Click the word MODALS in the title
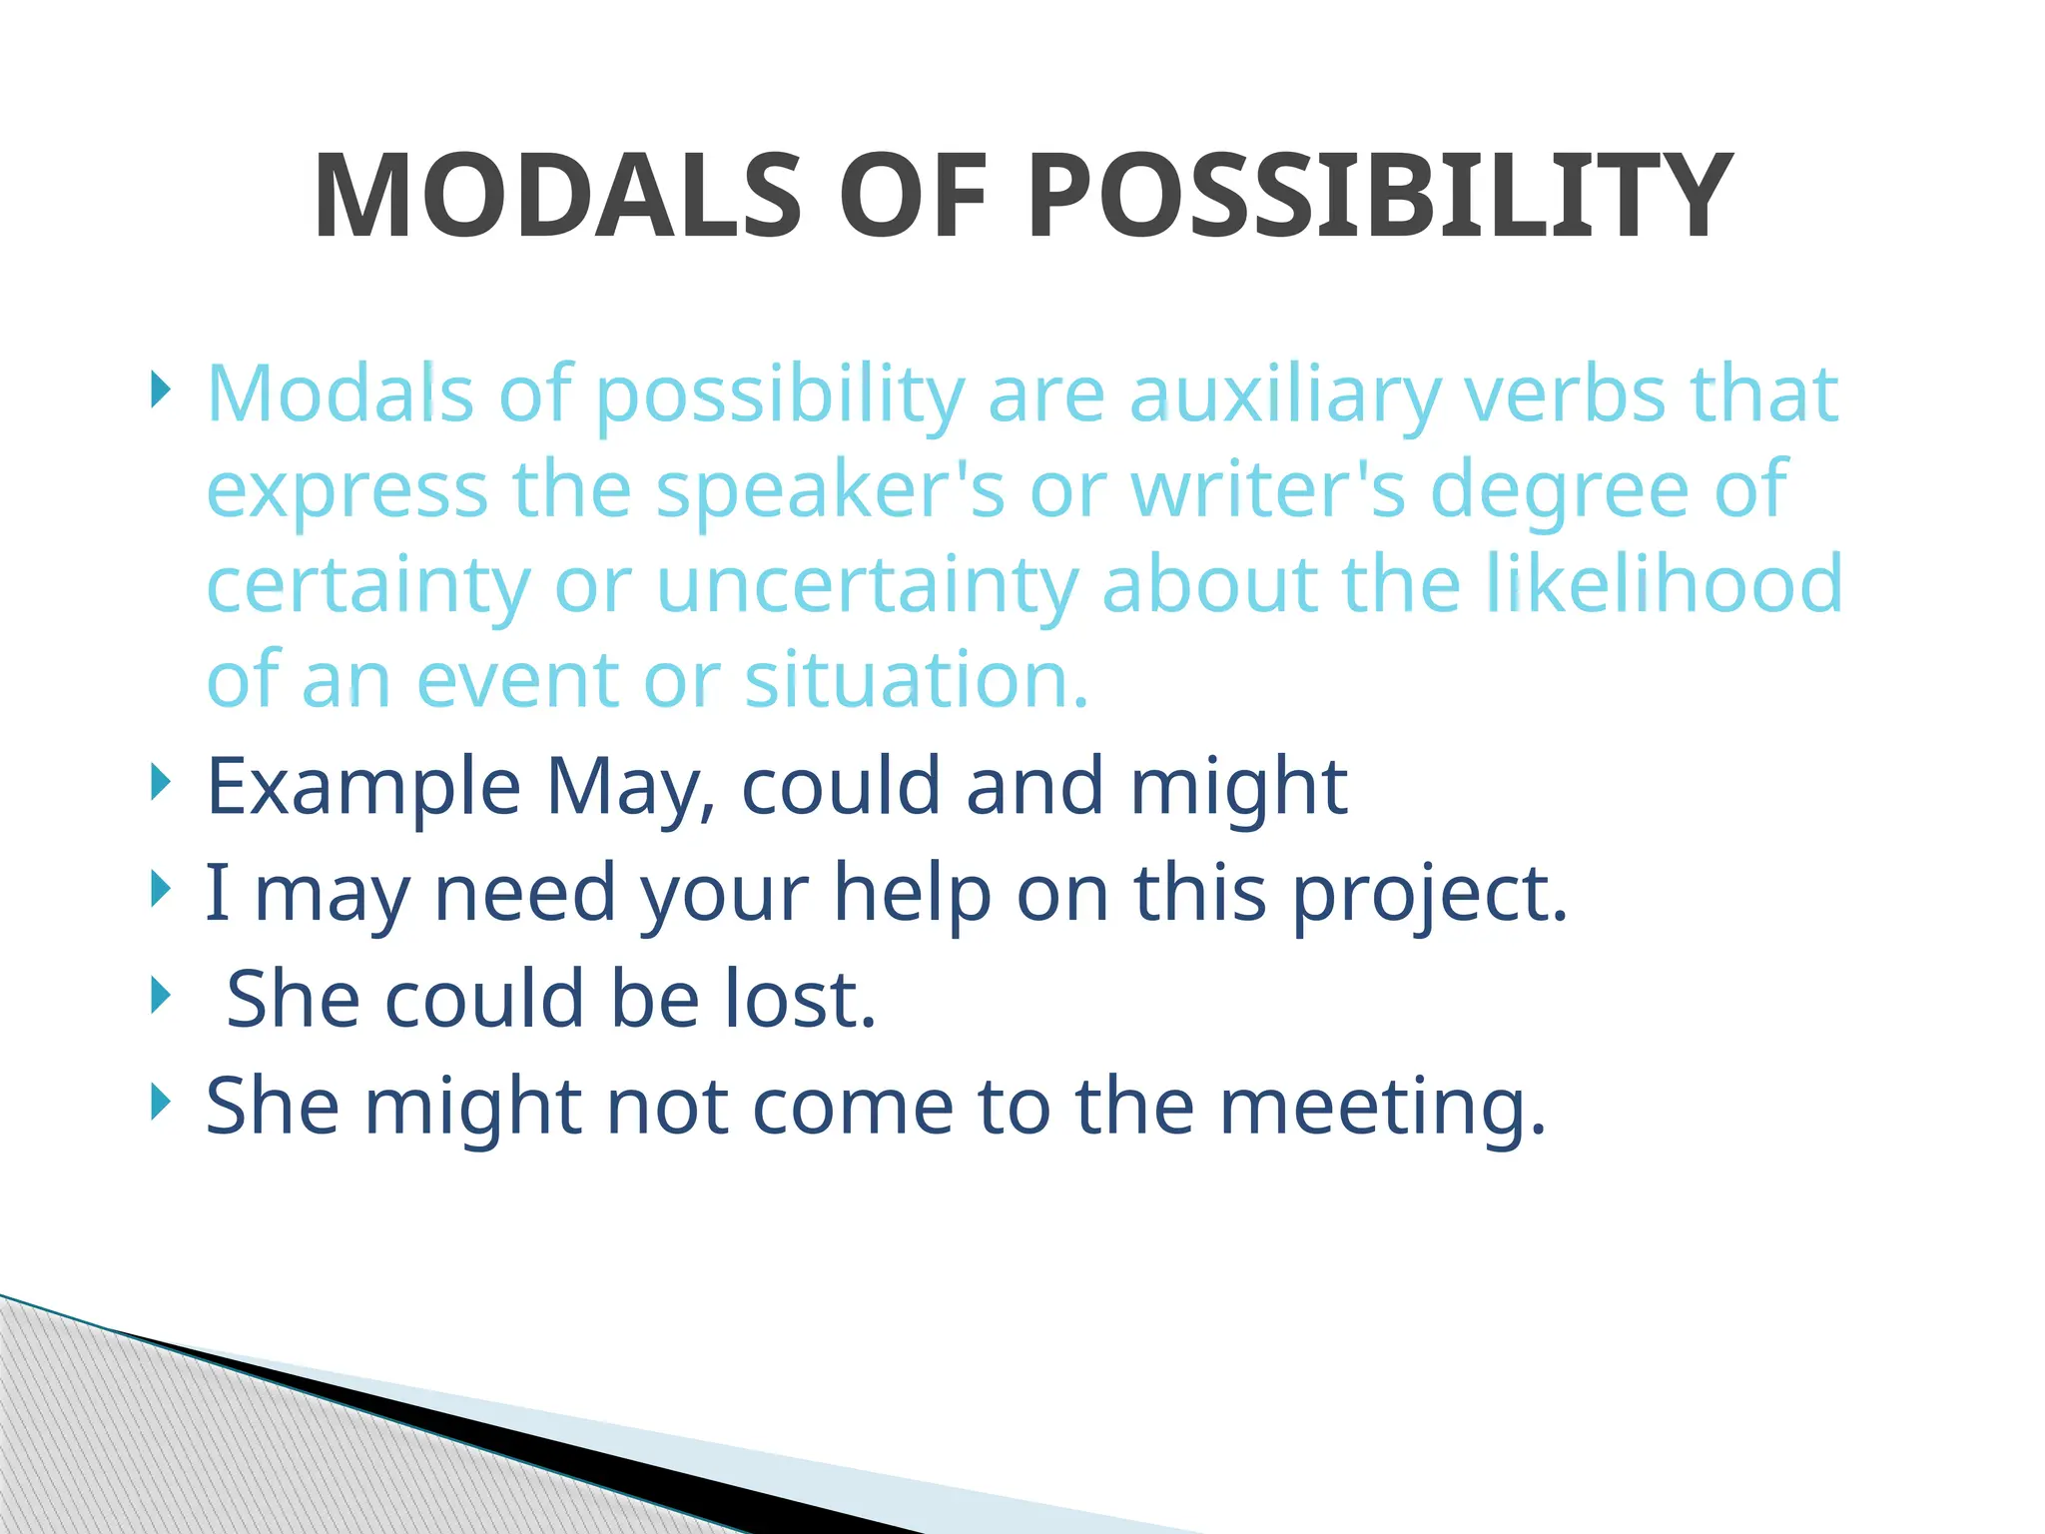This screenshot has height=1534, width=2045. (557, 197)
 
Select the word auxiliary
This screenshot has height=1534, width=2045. (1286, 395)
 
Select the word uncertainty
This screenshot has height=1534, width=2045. (867, 585)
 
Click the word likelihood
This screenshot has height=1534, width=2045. (1664, 583)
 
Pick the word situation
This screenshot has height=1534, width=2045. (916, 679)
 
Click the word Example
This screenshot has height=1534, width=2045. (363, 787)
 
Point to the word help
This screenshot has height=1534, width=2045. (912, 894)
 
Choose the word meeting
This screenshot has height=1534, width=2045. (1383, 1108)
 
